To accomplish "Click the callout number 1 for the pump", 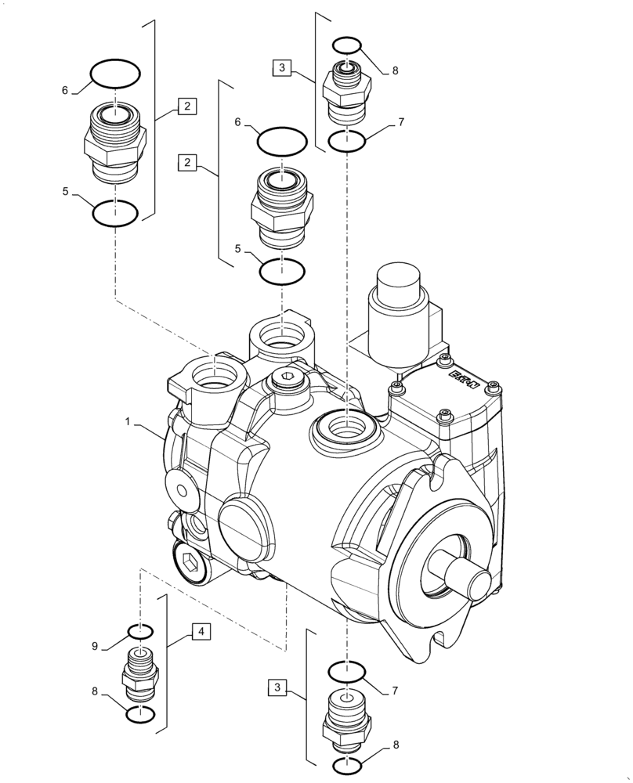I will [126, 421].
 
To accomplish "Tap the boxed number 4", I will [201, 630].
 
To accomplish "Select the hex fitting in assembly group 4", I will [139, 673].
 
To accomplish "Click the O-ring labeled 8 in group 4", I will [139, 715].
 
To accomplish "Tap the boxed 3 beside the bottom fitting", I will [277, 687].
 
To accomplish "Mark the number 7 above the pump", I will [400, 122].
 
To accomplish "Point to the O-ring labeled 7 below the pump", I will [346, 672].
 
